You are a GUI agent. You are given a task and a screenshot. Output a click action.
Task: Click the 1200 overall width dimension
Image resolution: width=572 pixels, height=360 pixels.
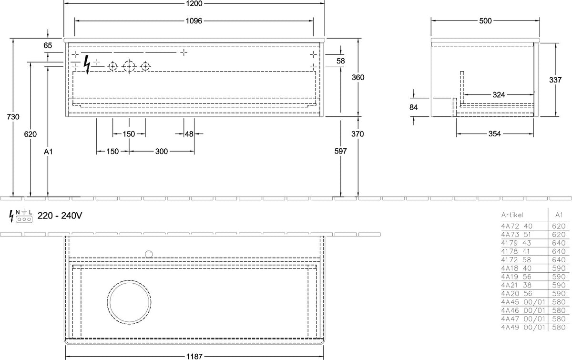pyautogui.click(x=194, y=4)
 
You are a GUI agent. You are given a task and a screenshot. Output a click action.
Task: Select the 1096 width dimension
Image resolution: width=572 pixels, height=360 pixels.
pyautogui.click(x=194, y=21)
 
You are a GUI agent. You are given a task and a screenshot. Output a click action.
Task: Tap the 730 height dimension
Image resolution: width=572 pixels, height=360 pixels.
pyautogui.click(x=13, y=117)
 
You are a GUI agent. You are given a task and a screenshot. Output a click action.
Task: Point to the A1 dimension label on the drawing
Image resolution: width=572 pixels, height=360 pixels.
pyautogui.click(x=48, y=152)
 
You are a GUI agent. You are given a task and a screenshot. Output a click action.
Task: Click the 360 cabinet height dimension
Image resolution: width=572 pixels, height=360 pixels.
pyautogui.click(x=358, y=77)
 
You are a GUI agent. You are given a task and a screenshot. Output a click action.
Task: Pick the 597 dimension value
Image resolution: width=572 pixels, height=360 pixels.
pyautogui.click(x=341, y=151)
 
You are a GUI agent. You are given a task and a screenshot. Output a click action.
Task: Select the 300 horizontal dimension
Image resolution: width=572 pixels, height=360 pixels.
pyautogui.click(x=162, y=152)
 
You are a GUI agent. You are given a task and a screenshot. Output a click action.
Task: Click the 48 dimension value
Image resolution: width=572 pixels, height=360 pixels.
pyautogui.click(x=189, y=134)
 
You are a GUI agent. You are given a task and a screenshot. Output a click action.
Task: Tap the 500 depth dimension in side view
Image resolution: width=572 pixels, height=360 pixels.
pyautogui.click(x=485, y=21)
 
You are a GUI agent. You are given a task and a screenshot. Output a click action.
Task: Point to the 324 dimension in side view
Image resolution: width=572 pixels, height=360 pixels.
pyautogui.click(x=499, y=95)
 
